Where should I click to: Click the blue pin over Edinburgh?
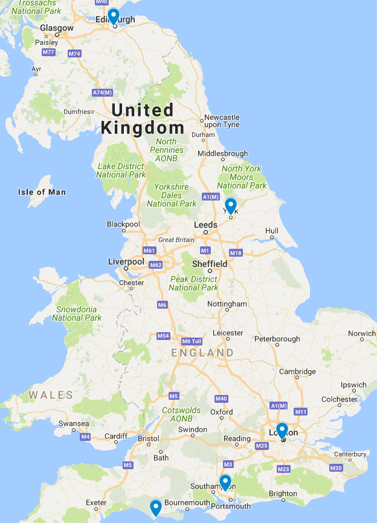tap(114, 16)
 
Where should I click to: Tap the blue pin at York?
tap(230, 205)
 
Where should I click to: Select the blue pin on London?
tap(282, 430)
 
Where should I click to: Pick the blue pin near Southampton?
tap(225, 482)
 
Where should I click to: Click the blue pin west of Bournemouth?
tap(155, 507)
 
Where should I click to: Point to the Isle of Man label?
tap(42, 192)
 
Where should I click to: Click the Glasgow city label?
tap(57, 28)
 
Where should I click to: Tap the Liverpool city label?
tap(126, 261)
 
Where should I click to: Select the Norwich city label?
tap(361, 333)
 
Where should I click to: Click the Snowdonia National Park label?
tap(77, 313)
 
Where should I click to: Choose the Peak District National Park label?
tap(193, 283)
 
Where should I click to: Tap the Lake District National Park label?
tap(121, 170)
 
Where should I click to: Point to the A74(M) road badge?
tap(102, 92)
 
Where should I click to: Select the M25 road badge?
tap(262, 446)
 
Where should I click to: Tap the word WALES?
tap(51, 396)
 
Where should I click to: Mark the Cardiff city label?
tap(116, 436)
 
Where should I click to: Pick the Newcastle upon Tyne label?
tap(222, 121)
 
